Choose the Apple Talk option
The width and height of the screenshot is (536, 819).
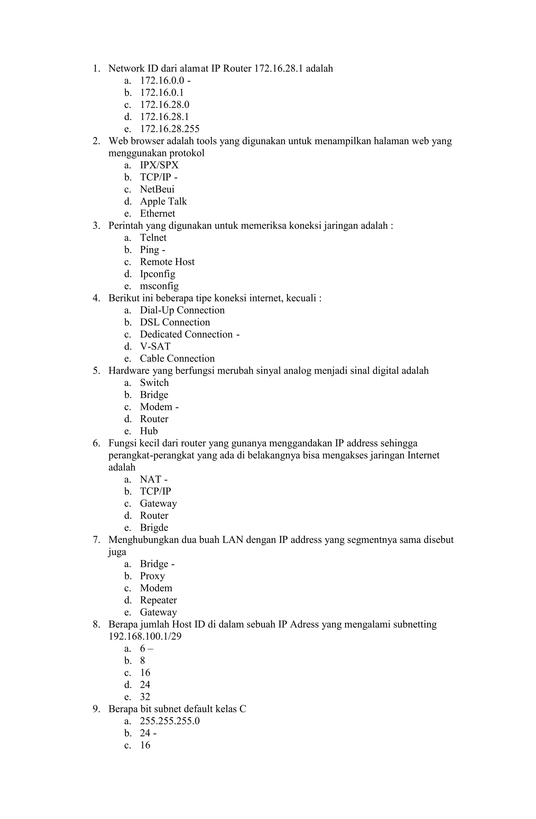tap(163, 201)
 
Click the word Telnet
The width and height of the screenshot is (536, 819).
tap(153, 238)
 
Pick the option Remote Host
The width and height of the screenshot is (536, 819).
tap(167, 262)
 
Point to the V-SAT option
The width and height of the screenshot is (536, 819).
tap(155, 346)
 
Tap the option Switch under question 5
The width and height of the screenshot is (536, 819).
tap(154, 383)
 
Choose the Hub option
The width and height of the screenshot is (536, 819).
tap(149, 431)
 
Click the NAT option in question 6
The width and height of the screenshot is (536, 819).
tap(150, 479)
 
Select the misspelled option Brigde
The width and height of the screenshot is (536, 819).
tap(154, 527)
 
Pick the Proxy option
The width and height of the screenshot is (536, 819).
tap(152, 576)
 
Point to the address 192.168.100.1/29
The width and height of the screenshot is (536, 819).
tap(145, 636)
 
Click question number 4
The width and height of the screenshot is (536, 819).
tap(96, 298)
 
